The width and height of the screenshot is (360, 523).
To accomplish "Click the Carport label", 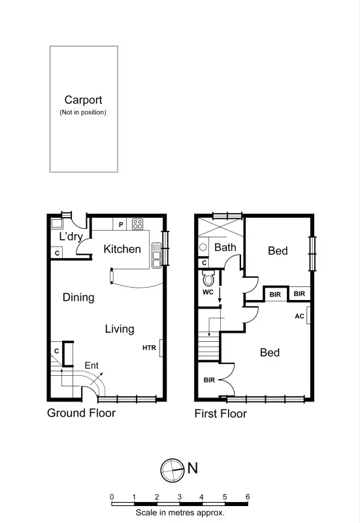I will coord(83,100).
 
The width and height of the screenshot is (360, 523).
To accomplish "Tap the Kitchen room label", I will coord(122,249).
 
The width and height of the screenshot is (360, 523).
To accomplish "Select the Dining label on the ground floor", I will coord(78,297).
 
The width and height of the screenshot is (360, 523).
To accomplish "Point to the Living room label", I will coord(120,329).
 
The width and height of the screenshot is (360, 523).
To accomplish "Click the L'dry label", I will coord(70,237).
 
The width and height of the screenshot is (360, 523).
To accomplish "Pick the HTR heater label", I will coord(149,348).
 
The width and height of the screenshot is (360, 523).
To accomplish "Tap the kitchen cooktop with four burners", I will coord(138,224).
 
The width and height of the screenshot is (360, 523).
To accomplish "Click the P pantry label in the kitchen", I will coord(121,225).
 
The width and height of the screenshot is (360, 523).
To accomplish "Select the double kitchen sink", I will coord(156,255).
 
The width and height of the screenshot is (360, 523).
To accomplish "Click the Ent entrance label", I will coord(91,365).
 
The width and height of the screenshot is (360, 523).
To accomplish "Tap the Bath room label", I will coord(225,247).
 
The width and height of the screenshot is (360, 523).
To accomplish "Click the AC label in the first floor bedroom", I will coord(299,316).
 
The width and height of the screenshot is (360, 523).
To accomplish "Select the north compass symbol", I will coord(172,468).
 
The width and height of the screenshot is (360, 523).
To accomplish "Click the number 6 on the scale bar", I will coord(247,497).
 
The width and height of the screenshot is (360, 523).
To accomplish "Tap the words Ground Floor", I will coord(81,413).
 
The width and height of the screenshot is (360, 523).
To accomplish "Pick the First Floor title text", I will coord(221,414).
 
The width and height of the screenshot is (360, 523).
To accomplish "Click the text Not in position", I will coord(83,112).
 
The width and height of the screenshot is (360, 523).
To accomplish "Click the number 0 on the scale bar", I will coord(112,497).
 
